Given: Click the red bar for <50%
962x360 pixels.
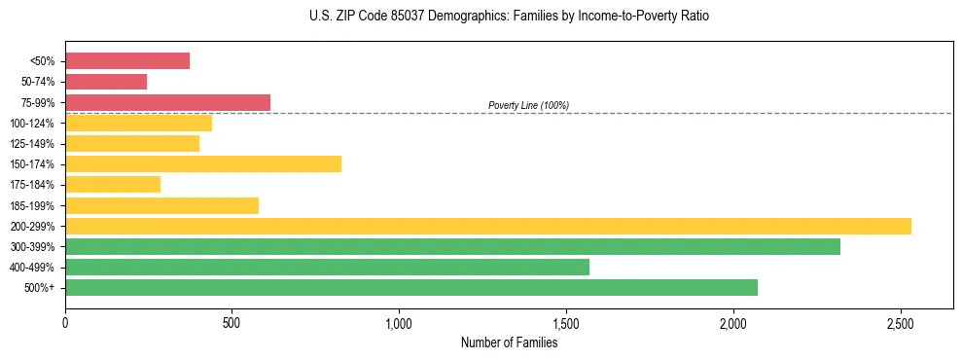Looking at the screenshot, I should point(127,61).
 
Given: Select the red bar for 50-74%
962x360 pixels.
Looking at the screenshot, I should point(106,82).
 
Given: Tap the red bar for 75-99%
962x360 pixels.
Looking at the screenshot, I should point(167,102).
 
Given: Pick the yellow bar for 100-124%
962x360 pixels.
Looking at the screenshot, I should point(138,123).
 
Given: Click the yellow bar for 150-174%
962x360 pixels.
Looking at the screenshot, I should point(203,163).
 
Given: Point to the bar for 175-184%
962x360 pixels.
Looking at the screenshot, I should point(113,184).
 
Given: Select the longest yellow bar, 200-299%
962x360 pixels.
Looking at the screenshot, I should point(488,226).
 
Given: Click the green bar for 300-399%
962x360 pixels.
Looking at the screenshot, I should point(452,246).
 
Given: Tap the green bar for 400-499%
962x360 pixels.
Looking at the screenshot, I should point(327,267).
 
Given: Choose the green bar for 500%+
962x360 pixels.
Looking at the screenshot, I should point(411,287).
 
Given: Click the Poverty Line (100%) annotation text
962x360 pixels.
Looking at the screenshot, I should point(528,105).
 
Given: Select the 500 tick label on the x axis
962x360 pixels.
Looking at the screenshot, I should point(232,321).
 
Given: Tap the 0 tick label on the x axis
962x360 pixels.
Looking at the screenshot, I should point(65,321).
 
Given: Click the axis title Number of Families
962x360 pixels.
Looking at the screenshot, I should point(509,342).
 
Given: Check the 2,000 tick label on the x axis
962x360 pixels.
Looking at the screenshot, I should point(733,321).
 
